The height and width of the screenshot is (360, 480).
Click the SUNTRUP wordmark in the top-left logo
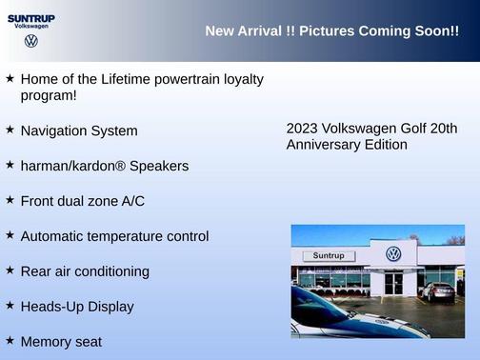[32, 16]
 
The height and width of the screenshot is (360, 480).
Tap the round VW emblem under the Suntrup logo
[31, 41]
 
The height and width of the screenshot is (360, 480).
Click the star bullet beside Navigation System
[10, 129]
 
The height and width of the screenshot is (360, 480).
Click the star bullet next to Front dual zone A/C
[10, 199]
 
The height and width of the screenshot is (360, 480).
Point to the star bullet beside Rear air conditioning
[10, 270]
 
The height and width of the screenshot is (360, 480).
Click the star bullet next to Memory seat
[10, 340]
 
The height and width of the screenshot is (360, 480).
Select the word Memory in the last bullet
[47, 342]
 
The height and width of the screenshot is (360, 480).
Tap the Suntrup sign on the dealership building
[329, 256]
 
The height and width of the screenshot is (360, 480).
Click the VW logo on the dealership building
[393, 254]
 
